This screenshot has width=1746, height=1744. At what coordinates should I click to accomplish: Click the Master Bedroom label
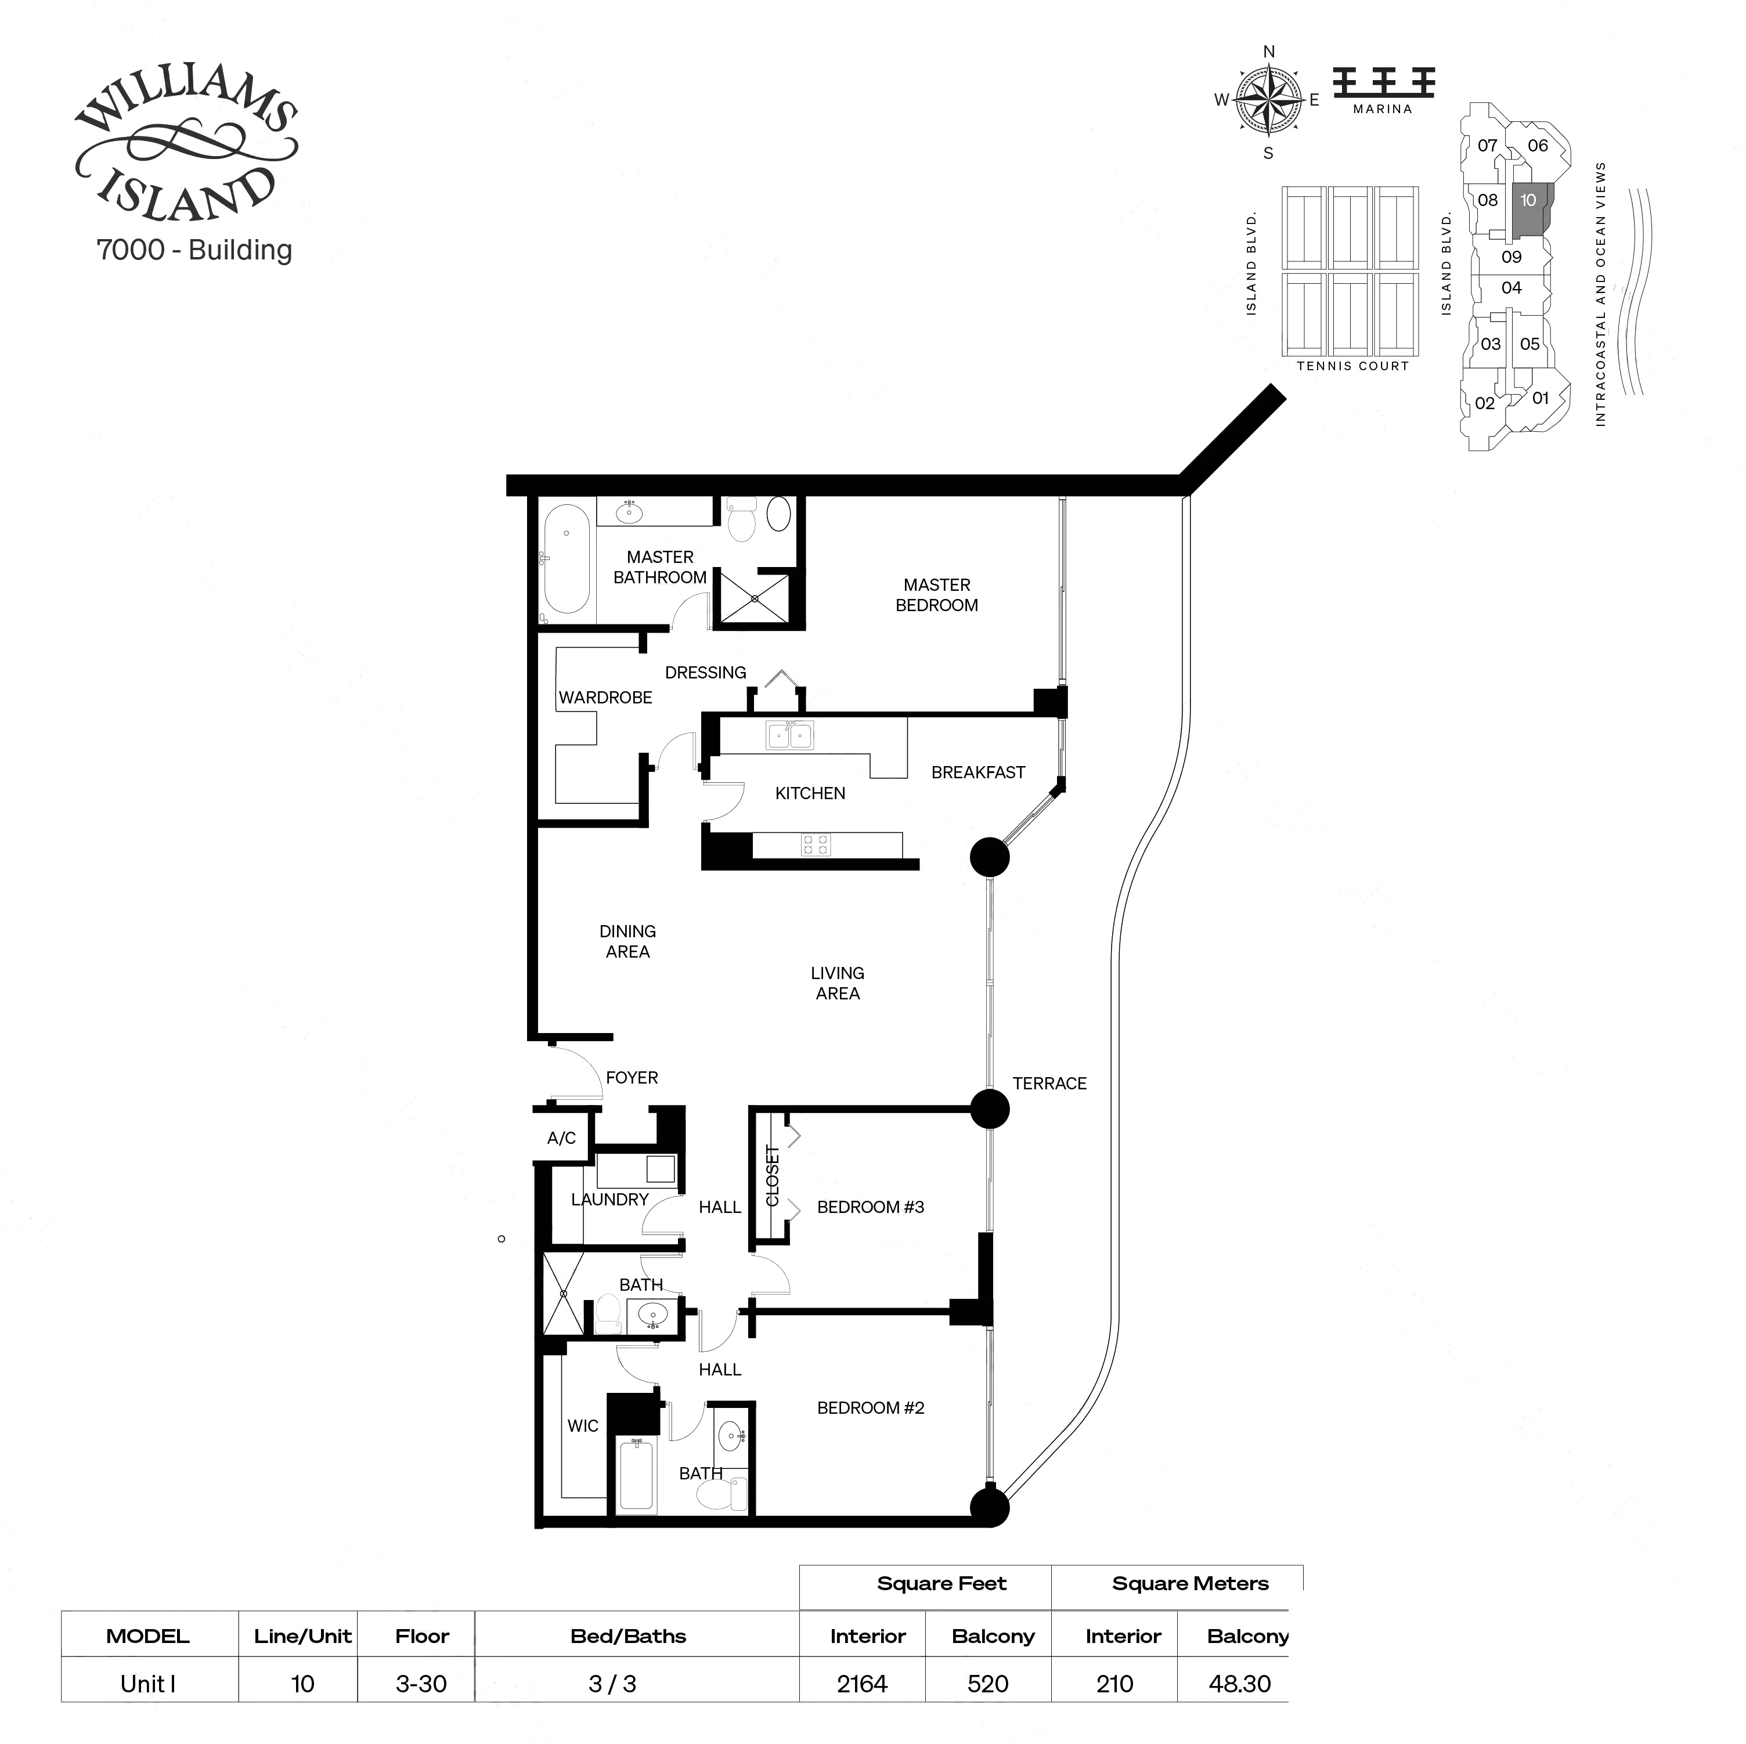point(936,595)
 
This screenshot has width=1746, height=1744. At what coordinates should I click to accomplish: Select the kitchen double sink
point(789,735)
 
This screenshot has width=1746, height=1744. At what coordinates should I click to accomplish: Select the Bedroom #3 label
point(870,1207)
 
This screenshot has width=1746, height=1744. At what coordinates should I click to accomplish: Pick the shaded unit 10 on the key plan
point(1529,206)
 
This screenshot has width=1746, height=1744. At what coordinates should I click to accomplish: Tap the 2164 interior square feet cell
point(861,1684)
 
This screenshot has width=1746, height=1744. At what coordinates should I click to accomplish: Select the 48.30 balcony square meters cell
point(1239,1684)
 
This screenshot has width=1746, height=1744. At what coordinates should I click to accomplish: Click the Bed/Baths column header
point(628,1635)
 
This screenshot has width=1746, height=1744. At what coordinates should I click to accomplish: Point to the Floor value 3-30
point(421,1684)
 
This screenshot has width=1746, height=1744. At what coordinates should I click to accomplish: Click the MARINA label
point(1382,109)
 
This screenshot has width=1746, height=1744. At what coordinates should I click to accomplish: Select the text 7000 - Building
point(194,250)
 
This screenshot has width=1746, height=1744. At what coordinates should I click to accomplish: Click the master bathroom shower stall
point(755,598)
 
